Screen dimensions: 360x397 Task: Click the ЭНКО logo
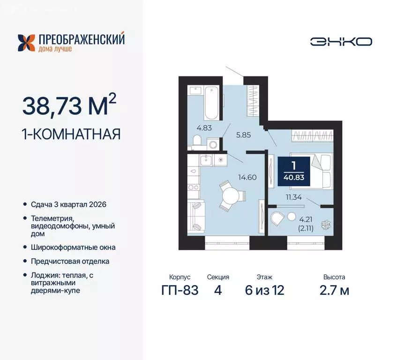[x=341, y=41]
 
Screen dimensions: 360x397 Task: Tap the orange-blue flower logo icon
[x=26, y=43]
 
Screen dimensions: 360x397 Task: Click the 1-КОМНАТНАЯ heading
[x=71, y=134]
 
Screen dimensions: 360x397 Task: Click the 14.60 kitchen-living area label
[x=248, y=177]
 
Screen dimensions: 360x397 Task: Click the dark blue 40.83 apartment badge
[x=293, y=171]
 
